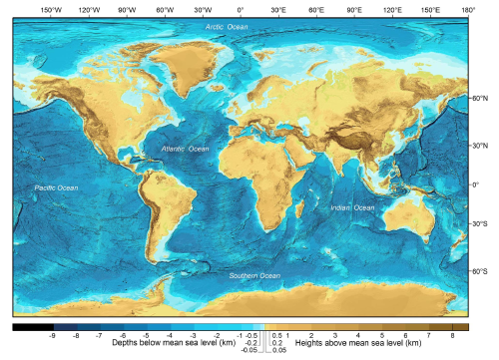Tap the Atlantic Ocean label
(x=186, y=149)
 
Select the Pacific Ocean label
(x=56, y=187)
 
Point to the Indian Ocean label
(x=352, y=207)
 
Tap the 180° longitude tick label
(x=467, y=9)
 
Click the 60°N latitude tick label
(x=480, y=99)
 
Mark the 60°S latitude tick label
(x=480, y=270)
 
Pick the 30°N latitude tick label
(x=480, y=146)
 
